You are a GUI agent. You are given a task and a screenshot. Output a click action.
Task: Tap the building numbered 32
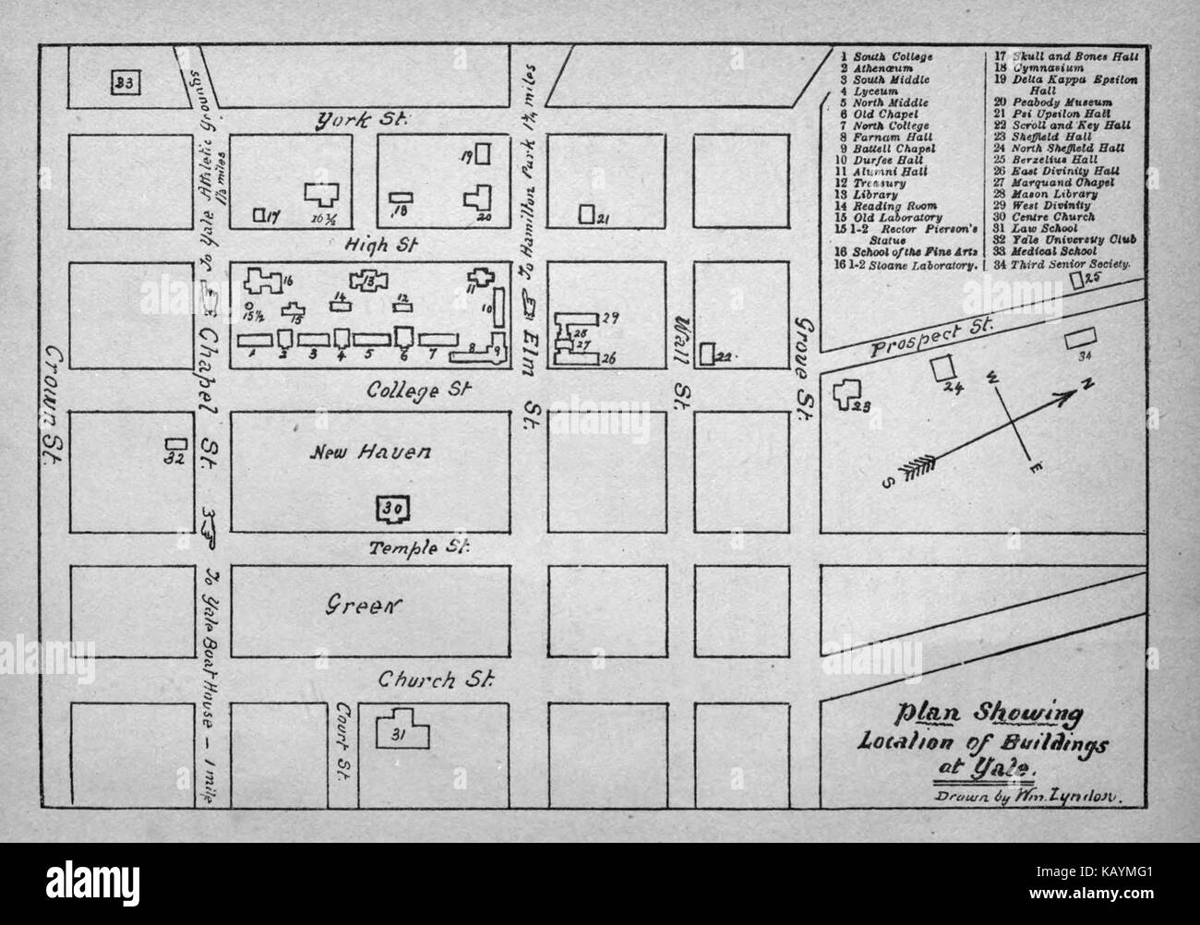click(x=174, y=450)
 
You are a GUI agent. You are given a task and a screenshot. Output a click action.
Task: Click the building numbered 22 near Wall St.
click(x=707, y=354)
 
